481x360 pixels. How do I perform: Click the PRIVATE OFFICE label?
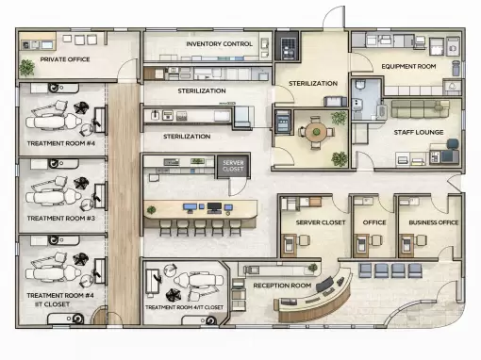click(65, 59)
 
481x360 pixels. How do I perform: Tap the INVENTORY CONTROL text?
click(219, 44)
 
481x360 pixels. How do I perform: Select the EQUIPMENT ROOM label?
click(408, 66)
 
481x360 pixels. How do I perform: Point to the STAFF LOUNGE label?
click(419, 132)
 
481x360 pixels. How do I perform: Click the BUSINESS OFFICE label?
click(434, 222)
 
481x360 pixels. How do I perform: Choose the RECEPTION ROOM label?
click(282, 286)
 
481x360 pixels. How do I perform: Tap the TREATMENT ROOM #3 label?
click(60, 218)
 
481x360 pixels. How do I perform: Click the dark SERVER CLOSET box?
click(233, 166)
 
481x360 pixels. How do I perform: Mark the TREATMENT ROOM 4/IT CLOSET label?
click(184, 307)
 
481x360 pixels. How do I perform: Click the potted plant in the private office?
click(26, 67)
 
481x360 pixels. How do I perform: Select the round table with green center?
click(316, 132)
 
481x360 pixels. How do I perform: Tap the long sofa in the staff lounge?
click(421, 109)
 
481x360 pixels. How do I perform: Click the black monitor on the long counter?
click(214, 207)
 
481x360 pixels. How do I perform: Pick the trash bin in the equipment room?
click(456, 68)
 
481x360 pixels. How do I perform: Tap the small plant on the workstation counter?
click(152, 209)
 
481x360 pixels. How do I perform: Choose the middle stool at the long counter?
click(200, 227)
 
